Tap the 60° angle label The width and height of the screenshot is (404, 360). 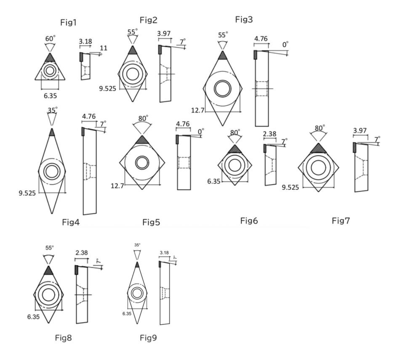pos(50,39)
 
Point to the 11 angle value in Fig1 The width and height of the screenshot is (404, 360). pos(103,48)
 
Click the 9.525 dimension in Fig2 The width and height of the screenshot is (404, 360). pos(108,88)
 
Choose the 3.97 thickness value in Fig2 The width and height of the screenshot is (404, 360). pos(164,33)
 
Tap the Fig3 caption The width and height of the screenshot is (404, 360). pos(244,19)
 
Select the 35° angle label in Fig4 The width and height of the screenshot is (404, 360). pos(52,110)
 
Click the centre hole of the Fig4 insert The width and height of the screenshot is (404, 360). pos(52,171)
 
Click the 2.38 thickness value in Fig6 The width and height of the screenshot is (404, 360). pos(269,134)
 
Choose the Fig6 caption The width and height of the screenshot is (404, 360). pos(249,221)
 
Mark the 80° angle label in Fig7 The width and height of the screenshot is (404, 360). pos(320,128)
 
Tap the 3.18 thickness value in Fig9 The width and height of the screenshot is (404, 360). pos(164,253)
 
